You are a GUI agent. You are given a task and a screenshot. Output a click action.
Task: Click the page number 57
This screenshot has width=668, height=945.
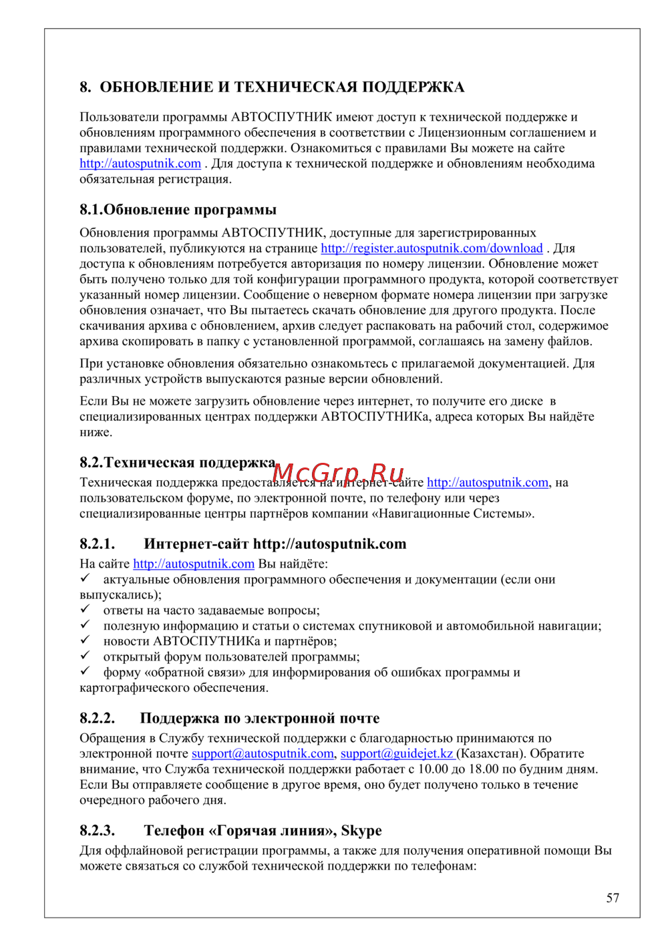click(613, 898)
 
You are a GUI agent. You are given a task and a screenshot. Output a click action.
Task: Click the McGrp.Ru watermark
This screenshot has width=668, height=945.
click(339, 474)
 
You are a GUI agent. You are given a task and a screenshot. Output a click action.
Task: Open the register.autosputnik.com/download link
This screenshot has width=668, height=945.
click(432, 248)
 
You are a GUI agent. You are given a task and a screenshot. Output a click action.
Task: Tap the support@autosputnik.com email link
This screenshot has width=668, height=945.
click(263, 754)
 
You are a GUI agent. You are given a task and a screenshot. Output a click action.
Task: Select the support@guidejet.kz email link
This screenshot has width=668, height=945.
click(397, 754)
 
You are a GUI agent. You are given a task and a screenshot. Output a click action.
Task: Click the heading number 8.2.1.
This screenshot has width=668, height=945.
click(98, 544)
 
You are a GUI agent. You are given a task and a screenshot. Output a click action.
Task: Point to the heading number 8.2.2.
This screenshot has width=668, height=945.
click(98, 719)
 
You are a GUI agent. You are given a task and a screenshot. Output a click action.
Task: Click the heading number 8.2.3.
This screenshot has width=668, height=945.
click(98, 831)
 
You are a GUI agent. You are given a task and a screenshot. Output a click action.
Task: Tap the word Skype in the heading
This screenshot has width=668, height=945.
click(361, 831)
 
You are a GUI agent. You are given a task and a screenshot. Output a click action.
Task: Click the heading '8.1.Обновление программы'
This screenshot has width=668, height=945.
click(178, 210)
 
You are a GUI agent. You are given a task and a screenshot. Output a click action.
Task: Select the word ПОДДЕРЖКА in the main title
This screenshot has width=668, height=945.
click(413, 87)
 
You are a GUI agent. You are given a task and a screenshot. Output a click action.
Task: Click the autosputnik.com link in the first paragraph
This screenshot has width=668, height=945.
click(140, 164)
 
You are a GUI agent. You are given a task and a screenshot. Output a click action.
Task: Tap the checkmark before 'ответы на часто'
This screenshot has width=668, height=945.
click(85, 610)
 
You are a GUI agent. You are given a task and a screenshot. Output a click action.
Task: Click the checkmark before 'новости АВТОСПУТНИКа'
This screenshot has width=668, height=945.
click(85, 640)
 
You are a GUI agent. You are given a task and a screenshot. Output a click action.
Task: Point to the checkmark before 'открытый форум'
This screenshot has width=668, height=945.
click(85, 656)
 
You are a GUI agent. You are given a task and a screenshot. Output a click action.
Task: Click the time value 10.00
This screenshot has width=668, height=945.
click(433, 769)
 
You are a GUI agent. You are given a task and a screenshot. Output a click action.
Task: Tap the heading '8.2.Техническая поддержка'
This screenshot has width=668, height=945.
click(178, 463)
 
